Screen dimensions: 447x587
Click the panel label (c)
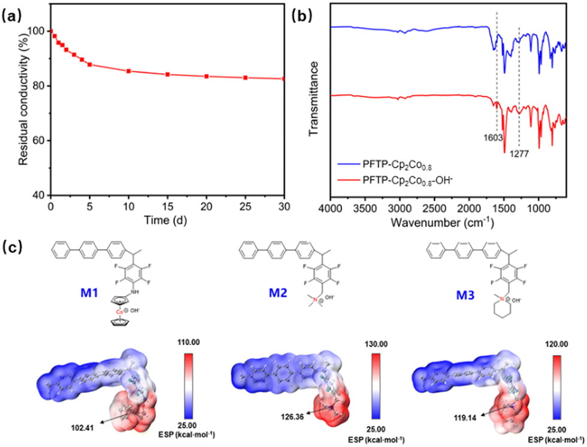(13, 247)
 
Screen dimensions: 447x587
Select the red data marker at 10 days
(129, 71)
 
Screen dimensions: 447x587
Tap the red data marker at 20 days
(207, 76)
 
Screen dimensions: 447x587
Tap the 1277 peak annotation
(519, 154)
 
